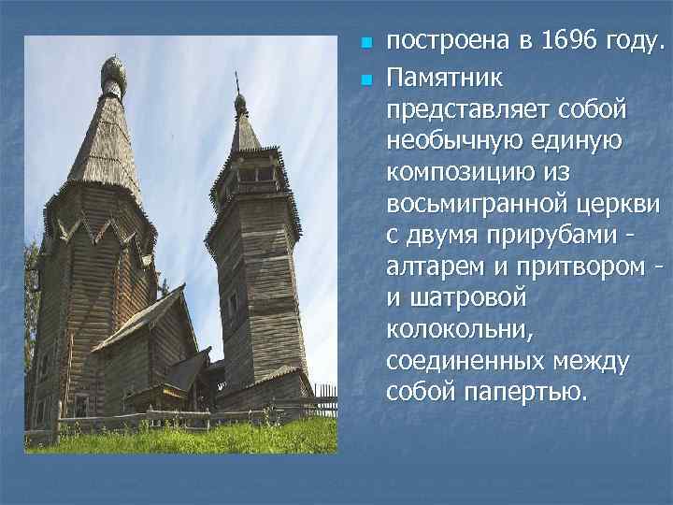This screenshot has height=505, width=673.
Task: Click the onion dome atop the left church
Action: coord(113,72)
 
